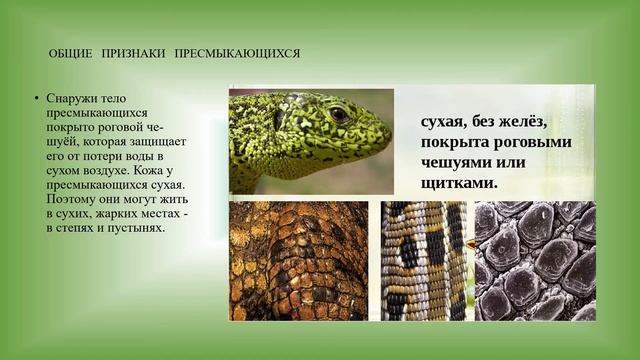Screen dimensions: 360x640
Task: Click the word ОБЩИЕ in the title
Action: (x=70, y=53)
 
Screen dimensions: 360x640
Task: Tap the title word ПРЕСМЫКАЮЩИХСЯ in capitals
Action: (x=238, y=53)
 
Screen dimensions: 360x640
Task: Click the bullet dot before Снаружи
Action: (x=35, y=99)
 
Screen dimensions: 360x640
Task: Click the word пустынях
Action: (x=137, y=229)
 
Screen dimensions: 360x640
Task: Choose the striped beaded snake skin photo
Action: (x=424, y=260)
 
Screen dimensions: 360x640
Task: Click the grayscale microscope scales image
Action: (x=534, y=260)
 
